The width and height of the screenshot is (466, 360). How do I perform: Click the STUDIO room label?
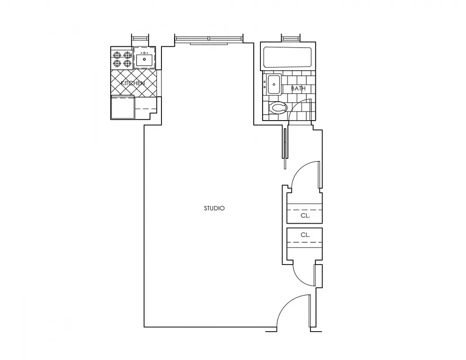214,208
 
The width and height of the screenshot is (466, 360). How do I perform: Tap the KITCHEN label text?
133,83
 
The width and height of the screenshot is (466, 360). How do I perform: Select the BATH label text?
298,89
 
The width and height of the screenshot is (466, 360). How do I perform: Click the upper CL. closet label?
305,216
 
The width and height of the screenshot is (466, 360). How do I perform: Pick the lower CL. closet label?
305,235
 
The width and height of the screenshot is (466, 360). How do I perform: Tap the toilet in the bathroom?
278,108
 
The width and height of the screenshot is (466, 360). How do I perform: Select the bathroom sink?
273,85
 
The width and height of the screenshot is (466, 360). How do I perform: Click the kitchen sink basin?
144,58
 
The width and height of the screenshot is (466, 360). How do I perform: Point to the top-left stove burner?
117,55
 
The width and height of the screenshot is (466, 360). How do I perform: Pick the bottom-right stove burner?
127,64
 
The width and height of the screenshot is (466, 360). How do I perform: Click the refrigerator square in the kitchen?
122,107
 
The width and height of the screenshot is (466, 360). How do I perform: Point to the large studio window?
209,39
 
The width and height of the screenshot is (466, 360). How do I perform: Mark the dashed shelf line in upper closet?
305,210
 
